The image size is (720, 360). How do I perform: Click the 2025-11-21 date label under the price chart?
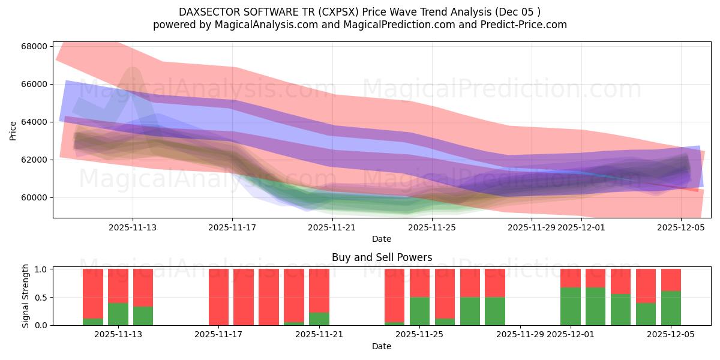coord(332,227)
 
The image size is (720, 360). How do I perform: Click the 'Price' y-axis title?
coord(13,130)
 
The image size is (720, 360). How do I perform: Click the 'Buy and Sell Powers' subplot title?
coord(382,257)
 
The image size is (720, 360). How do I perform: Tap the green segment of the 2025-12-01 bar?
coord(571,306)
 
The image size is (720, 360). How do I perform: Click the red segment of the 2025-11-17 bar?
coord(219,296)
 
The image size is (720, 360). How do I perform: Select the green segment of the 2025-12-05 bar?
coord(671,308)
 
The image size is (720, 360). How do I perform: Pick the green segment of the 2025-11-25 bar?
coord(420,311)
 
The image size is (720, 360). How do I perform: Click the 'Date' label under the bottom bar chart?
coord(382,346)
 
